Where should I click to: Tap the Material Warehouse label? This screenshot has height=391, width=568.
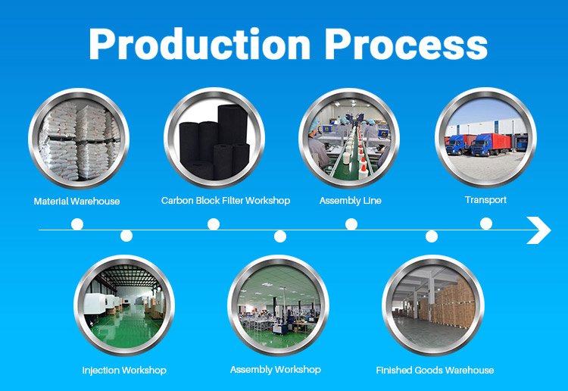coord(76,202)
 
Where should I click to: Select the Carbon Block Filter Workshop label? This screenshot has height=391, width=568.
coord(226,201)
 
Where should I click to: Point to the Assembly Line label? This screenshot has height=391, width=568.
coord(350,201)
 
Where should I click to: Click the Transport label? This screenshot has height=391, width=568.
coord(485,200)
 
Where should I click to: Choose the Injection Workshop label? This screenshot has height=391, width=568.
coord(124,371)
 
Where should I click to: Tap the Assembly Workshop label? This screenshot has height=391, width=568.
coord(275,370)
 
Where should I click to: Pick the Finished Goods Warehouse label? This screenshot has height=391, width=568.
coord(435,371)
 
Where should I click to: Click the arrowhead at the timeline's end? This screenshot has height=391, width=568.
coord(539,230)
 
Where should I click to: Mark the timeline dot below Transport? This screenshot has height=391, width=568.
coord(486,224)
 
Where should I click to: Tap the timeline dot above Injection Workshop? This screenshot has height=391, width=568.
coord(126,236)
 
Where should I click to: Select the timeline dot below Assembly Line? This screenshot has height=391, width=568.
coord(351,224)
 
